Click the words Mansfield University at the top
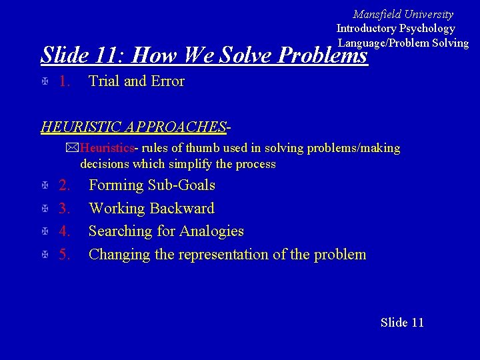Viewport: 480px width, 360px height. (x=403, y=14)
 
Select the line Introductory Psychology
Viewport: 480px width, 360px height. (x=395, y=28)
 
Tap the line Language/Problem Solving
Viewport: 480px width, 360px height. (x=403, y=43)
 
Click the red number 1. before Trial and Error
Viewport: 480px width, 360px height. (x=65, y=81)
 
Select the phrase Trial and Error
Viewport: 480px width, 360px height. (x=136, y=81)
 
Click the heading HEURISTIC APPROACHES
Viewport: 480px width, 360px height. (x=133, y=127)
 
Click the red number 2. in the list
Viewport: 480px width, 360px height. (x=65, y=185)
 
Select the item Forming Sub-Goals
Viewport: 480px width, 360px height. (x=151, y=185)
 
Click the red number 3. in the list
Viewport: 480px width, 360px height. (x=65, y=209)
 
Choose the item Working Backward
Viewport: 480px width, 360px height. (x=151, y=209)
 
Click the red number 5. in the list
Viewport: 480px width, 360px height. (x=65, y=255)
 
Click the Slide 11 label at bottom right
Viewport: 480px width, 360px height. (x=402, y=323)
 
